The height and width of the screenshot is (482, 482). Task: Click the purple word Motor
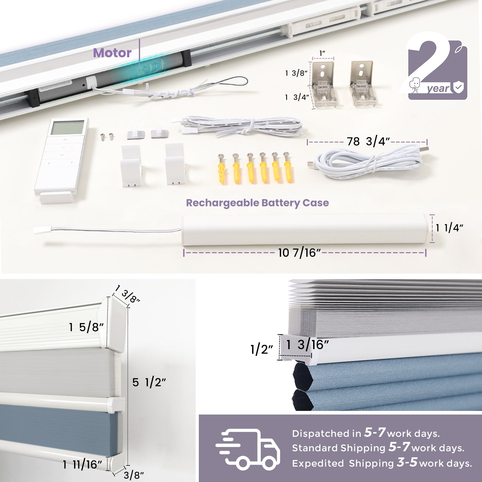tap(112, 53)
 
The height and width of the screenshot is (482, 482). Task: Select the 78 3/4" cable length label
tap(368, 141)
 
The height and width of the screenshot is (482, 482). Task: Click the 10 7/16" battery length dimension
tap(299, 252)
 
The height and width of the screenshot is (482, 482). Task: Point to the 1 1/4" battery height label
tap(449, 228)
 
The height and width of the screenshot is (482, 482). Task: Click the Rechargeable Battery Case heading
tap(257, 203)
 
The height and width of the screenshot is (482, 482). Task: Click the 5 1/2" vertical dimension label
tap(149, 382)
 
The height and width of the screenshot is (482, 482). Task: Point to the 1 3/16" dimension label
tap(307, 345)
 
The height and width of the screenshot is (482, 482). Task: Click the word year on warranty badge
tap(438, 88)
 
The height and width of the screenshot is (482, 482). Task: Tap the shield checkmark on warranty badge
tap(458, 87)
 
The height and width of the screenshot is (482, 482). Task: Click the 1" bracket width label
tap(322, 53)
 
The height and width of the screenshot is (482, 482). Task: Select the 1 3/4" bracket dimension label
tap(297, 97)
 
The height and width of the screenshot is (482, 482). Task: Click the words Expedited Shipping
tap(343, 463)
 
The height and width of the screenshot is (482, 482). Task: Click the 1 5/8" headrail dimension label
tap(86, 327)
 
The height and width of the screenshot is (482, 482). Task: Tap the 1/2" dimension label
tap(261, 349)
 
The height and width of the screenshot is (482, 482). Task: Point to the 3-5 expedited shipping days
tap(407, 462)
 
